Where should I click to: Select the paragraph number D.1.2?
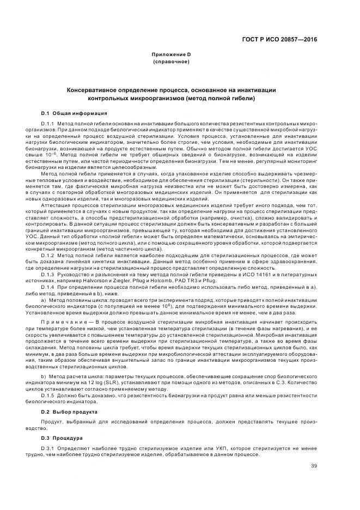(x=48, y=255)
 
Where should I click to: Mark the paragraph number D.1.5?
(x=48, y=395)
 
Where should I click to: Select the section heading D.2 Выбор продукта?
(x=69, y=412)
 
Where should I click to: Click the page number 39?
(x=314, y=465)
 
